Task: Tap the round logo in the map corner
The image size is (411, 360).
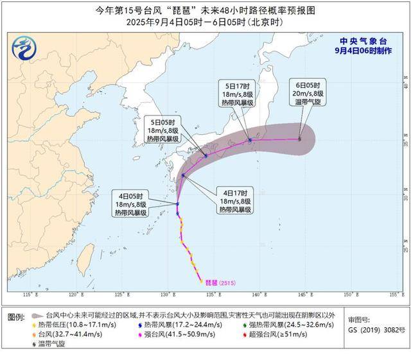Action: (25, 49)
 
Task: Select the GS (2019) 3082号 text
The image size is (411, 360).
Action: (376, 330)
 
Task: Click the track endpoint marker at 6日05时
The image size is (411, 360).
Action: (299, 139)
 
